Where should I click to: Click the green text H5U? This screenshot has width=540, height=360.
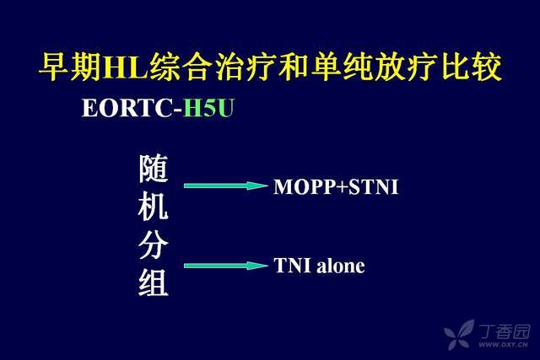click(x=208, y=108)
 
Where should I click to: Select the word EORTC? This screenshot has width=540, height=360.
click(x=127, y=108)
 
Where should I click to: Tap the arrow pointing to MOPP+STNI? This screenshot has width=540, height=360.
click(x=225, y=185)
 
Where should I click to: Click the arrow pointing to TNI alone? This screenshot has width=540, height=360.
click(x=225, y=266)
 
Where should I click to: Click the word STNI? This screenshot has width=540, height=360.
click(x=373, y=187)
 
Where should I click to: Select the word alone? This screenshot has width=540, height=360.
click(x=341, y=266)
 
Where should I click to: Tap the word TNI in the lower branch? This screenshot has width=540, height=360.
click(x=293, y=266)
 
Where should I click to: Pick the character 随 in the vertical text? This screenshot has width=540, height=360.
click(x=154, y=169)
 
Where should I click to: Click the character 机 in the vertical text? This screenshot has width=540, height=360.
click(x=154, y=206)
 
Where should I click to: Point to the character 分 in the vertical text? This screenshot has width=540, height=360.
click(x=154, y=244)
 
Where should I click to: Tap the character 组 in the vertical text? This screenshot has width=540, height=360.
click(x=154, y=282)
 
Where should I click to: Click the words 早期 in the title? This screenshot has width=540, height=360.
click(x=71, y=67)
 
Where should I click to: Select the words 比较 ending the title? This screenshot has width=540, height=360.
click(x=471, y=67)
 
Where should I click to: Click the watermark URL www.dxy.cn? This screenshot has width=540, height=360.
click(x=504, y=344)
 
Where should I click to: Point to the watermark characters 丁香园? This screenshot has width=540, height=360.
click(x=505, y=331)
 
